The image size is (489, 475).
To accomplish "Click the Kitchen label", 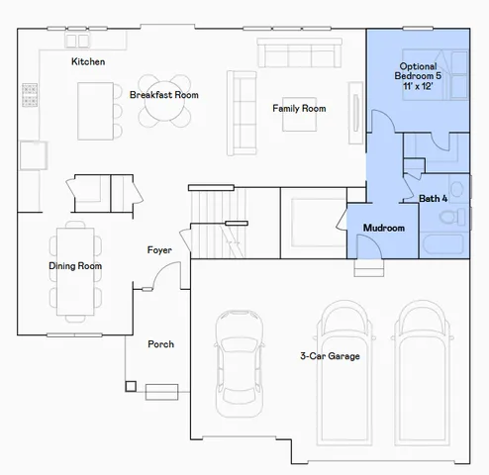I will (x=88, y=62).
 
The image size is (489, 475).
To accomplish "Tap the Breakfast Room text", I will (x=163, y=95).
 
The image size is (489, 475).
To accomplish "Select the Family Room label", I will (x=300, y=108).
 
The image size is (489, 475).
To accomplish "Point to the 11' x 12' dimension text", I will (x=417, y=87).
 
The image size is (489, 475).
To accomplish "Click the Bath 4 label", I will (x=434, y=199).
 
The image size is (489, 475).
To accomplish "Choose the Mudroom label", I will (x=383, y=229).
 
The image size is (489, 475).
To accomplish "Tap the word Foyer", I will (x=160, y=249).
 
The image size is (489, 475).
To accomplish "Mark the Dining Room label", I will (x=75, y=266).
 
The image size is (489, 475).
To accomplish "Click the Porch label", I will (x=160, y=344).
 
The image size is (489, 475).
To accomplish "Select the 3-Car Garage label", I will (x=330, y=355).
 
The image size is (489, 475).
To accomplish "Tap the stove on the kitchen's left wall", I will (x=31, y=95).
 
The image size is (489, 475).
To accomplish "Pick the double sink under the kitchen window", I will (x=77, y=41).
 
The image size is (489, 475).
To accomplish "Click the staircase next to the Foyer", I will (x=216, y=222).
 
